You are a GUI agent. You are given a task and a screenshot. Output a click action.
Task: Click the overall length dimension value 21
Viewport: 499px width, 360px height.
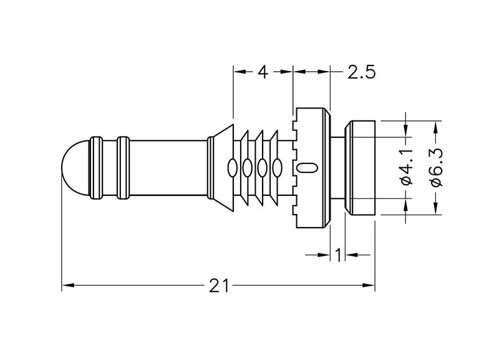click(218, 286)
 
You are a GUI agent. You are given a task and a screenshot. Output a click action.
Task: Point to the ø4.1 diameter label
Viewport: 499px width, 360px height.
click(406, 168)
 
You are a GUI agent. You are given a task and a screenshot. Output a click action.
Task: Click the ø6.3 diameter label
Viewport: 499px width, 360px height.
click(436, 168)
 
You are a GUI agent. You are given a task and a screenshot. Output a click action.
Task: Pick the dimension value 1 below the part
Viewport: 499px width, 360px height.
click(337, 254)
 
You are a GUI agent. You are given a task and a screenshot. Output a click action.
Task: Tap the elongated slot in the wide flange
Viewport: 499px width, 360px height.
click(308, 167)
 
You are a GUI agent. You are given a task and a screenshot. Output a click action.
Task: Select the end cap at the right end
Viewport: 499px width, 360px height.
click(360, 168)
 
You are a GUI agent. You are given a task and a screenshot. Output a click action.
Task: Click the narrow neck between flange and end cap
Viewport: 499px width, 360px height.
click(337, 168)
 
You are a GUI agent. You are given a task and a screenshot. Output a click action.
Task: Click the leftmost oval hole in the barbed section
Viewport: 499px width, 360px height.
click(232, 167)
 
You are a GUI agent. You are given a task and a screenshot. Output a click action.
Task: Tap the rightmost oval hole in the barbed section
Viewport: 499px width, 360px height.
click(276, 167)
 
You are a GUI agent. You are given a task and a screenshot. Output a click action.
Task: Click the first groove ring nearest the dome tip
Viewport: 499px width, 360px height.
click(96, 168)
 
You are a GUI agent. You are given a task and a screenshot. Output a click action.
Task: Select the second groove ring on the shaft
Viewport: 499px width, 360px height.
click(123, 168)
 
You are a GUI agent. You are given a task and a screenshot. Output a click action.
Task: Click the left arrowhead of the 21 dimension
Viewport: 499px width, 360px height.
click(66, 286)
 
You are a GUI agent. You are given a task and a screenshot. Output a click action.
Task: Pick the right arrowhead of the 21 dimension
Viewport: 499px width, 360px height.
click(369, 286)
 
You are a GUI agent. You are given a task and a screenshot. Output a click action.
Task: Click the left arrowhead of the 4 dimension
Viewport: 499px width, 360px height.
click(238, 71)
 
